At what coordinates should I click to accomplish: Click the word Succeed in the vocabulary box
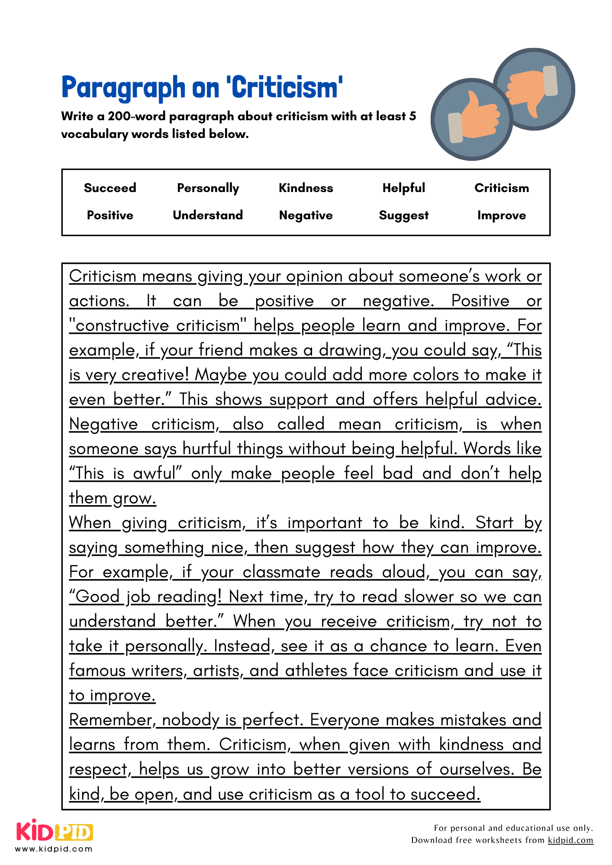[110, 188]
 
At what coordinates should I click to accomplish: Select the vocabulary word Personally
[208, 188]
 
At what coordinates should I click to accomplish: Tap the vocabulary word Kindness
[306, 188]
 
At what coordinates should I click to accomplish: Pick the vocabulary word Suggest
[403, 215]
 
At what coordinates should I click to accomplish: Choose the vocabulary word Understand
[208, 215]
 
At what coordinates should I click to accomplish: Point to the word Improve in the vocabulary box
[501, 215]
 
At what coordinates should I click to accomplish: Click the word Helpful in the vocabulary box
[403, 188]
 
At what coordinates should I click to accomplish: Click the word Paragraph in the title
[123, 88]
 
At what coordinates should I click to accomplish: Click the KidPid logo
[55, 831]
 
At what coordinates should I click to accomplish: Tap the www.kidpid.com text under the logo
[54, 849]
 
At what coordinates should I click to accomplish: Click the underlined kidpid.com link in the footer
[570, 840]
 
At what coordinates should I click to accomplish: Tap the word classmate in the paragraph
[281, 572]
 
